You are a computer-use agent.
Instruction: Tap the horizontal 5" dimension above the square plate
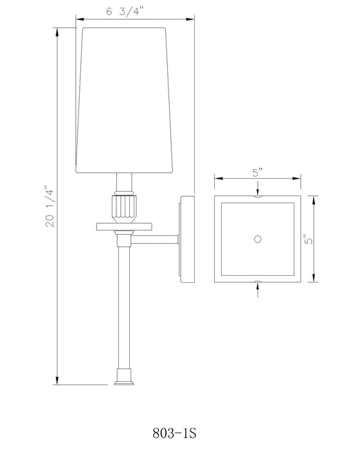pyautogui.click(x=256, y=172)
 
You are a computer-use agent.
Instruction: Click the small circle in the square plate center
pyautogui.click(x=257, y=239)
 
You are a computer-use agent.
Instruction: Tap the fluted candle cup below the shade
pyautogui.click(x=122, y=208)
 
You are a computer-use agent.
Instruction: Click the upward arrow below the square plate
pyautogui.click(x=257, y=287)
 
